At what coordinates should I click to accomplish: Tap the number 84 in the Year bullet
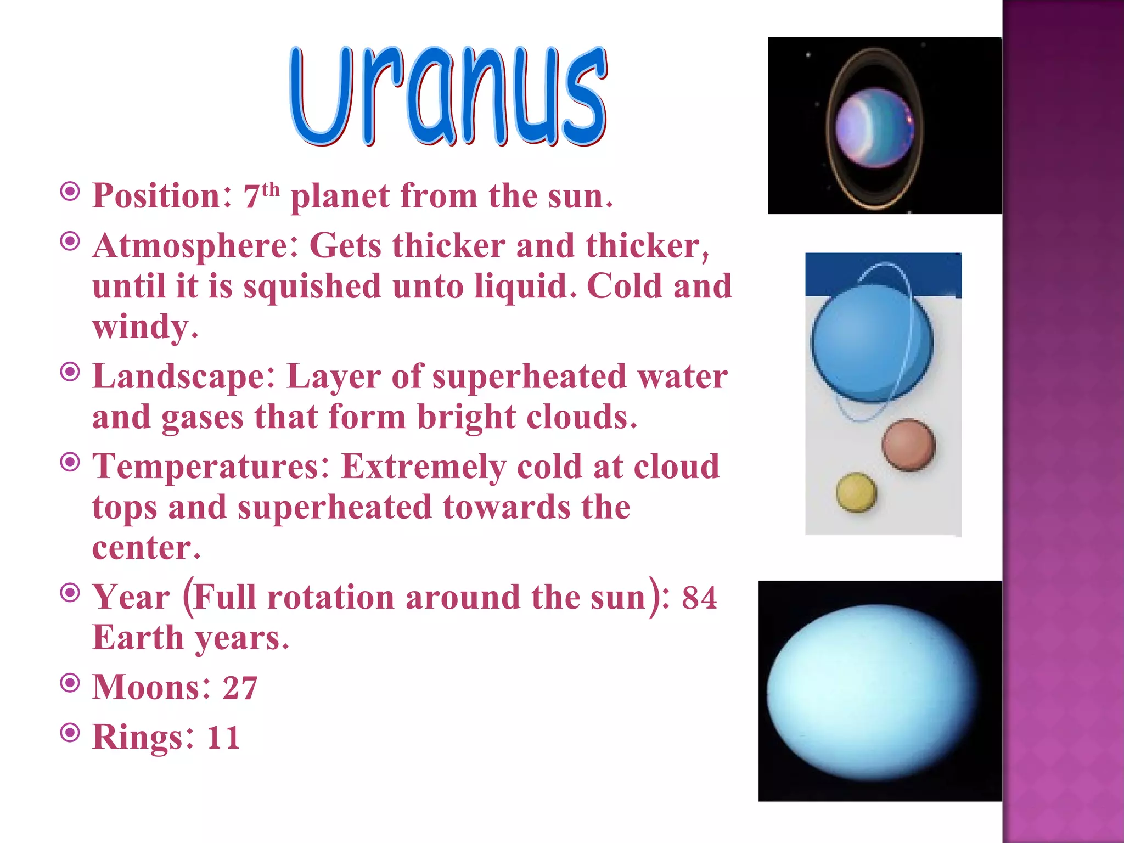coord(699,598)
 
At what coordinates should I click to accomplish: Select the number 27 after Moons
coord(240,688)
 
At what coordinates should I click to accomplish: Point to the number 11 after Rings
coord(223,737)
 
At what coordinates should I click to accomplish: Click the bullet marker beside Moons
coord(70,683)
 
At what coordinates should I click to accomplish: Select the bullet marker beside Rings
coord(70,732)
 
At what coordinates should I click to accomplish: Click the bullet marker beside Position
coord(70,192)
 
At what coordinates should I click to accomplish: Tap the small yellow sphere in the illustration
coord(856,492)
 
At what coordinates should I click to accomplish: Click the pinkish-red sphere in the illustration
coord(908,445)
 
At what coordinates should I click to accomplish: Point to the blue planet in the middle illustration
coord(872,344)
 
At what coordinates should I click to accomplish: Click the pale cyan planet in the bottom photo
coord(873,692)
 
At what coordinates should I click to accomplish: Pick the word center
coord(146,548)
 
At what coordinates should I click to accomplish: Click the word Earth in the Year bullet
coord(138,638)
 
